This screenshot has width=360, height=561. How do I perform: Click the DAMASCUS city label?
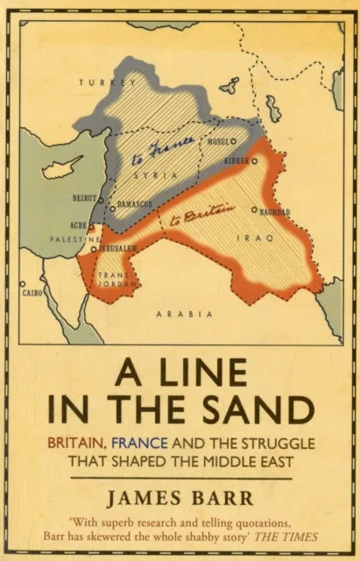134,203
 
